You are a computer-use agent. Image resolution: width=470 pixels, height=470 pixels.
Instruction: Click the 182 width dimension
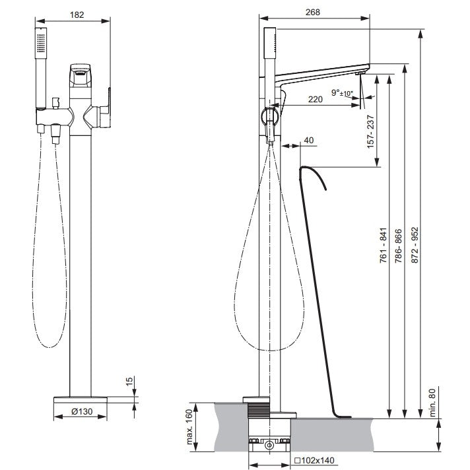(x=77, y=15)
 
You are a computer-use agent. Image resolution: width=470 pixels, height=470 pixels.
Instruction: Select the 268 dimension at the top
(x=313, y=12)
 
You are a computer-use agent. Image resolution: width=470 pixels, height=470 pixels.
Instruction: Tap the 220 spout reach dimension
(x=316, y=99)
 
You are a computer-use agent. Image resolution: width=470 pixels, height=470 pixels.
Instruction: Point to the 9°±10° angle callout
(x=342, y=92)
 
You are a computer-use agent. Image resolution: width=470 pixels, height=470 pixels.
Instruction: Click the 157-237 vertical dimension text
(x=370, y=131)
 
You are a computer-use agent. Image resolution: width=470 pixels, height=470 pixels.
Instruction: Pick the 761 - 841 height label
(x=384, y=246)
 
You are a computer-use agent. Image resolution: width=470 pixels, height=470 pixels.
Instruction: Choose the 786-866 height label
(x=398, y=246)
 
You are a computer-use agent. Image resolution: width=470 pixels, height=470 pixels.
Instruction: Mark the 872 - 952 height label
(x=415, y=245)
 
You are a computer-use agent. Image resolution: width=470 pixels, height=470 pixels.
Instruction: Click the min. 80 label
(x=432, y=403)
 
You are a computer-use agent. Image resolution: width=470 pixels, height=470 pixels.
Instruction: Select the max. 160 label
(x=189, y=427)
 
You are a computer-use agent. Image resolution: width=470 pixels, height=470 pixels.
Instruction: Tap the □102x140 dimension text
(x=314, y=460)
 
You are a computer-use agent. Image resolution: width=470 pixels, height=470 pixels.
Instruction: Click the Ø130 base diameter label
(x=82, y=411)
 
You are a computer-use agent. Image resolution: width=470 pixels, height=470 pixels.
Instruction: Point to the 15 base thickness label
(x=129, y=382)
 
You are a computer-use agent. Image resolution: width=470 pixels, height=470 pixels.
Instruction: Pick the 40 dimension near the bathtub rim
(x=309, y=141)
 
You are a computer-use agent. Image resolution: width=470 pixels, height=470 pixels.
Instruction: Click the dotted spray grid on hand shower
(x=41, y=43)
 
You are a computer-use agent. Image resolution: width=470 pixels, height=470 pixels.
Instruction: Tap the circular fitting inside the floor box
(x=269, y=445)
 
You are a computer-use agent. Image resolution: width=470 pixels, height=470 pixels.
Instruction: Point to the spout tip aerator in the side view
(x=359, y=73)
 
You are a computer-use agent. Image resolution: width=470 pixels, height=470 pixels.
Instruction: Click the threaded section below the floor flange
(x=259, y=410)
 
